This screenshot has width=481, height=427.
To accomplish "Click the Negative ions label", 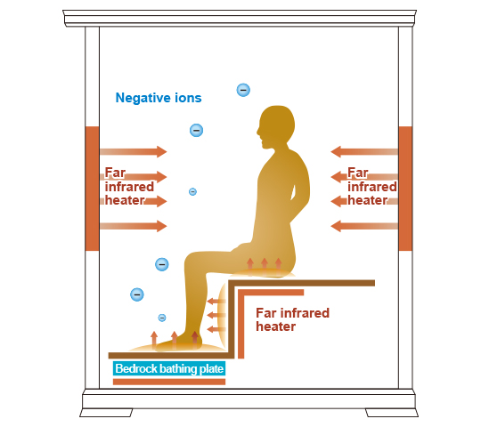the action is [x=159, y=98].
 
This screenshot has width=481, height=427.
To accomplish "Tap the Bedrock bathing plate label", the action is [x=169, y=368].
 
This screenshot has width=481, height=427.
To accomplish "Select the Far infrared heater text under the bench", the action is [x=292, y=319].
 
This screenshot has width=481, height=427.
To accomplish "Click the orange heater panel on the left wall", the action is [x=92, y=189].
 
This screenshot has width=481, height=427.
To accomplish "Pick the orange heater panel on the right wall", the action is [x=405, y=189].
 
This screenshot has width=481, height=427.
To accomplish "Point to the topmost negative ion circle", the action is [x=243, y=90].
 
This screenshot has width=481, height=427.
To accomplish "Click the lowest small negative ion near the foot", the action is [x=162, y=318].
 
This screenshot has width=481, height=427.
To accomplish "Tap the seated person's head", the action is [x=276, y=125].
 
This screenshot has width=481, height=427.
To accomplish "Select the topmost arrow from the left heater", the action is [x=134, y=151].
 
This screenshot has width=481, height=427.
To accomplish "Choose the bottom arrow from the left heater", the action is [x=134, y=226].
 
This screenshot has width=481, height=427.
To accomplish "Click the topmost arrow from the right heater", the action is [x=364, y=151].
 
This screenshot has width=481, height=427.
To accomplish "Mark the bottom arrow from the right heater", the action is [x=364, y=226].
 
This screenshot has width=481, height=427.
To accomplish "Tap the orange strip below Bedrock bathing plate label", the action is [x=169, y=382].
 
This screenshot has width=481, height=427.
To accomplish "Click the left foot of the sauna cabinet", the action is [x=106, y=413].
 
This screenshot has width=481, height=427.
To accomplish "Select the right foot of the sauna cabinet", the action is [x=392, y=413].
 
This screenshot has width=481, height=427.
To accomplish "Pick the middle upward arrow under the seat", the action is [x=265, y=267].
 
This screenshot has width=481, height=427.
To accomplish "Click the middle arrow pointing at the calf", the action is [x=216, y=315].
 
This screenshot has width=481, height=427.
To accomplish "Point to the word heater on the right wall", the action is [x=367, y=200].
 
